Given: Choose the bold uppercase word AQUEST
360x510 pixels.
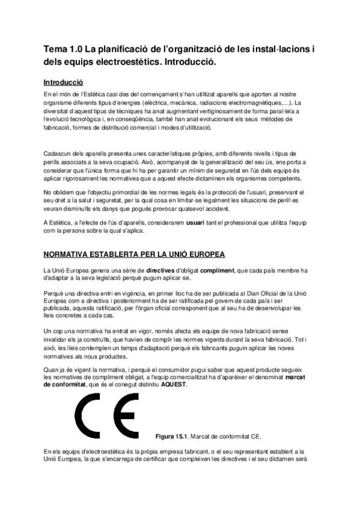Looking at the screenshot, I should pos(174,384).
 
